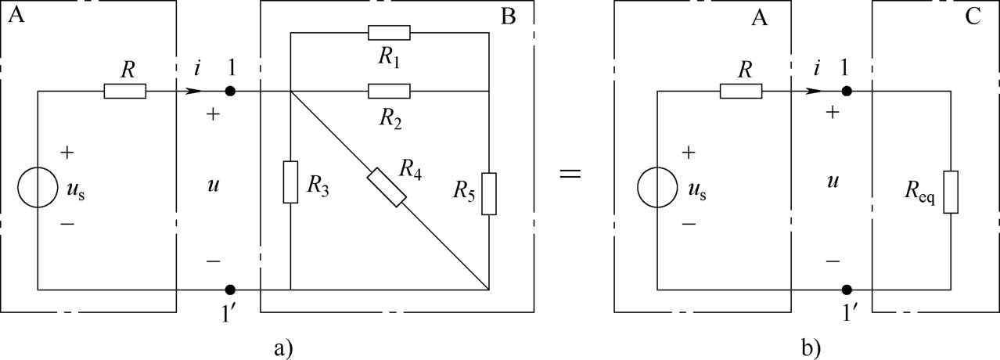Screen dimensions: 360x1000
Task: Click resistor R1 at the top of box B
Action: (389, 32)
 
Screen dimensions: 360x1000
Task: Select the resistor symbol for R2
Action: (389, 92)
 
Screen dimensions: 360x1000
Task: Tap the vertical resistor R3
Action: (290, 182)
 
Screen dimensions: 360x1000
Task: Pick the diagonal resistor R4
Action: (387, 187)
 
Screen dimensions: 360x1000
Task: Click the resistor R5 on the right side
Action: (488, 193)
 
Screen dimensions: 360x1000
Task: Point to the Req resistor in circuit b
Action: (950, 192)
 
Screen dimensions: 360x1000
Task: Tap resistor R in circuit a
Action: (124, 92)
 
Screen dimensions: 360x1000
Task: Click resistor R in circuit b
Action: (740, 92)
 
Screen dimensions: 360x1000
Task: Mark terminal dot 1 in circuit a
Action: (229, 92)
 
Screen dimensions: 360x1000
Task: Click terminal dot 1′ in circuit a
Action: (229, 290)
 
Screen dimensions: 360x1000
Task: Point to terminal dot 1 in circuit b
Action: (847, 92)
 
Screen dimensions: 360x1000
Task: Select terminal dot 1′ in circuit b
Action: (847, 290)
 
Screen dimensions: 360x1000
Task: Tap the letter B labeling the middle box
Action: (508, 17)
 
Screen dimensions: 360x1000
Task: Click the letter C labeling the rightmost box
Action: (973, 17)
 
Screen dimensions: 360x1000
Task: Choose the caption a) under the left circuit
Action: (283, 345)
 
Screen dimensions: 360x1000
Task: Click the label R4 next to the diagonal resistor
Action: (408, 166)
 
